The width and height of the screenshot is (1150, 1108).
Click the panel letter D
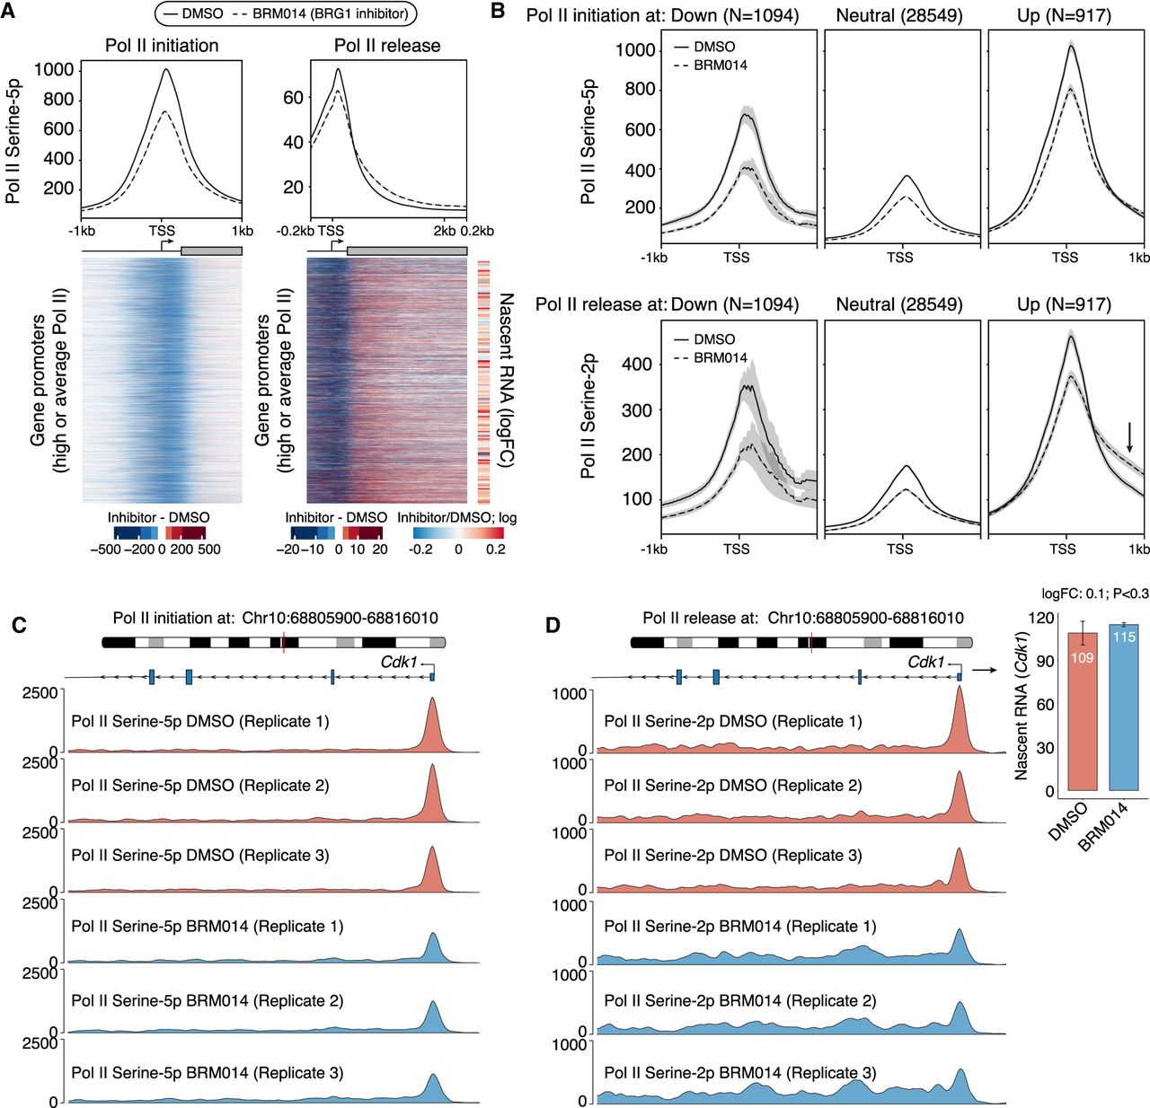[x=553, y=623]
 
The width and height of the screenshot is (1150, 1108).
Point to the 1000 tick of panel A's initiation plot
[x=54, y=70]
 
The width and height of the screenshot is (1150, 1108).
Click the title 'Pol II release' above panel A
[x=387, y=46]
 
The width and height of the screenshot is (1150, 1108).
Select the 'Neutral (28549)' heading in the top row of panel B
[x=898, y=15]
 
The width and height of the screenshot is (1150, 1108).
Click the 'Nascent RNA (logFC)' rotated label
[x=506, y=380]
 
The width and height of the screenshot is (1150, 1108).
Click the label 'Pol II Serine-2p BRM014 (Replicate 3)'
[x=739, y=1073]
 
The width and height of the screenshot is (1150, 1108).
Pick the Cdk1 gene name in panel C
[x=399, y=663]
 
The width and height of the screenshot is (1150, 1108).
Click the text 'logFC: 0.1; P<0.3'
[x=1094, y=594]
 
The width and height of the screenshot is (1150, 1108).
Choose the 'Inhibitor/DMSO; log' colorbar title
[x=456, y=518]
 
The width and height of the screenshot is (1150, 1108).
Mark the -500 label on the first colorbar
[x=105, y=550]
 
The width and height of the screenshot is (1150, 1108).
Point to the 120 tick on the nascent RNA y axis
[x=1042, y=618]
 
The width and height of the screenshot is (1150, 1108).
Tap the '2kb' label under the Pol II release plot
[x=444, y=231]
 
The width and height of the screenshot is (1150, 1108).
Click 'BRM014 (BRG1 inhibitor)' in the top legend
[x=331, y=13]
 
